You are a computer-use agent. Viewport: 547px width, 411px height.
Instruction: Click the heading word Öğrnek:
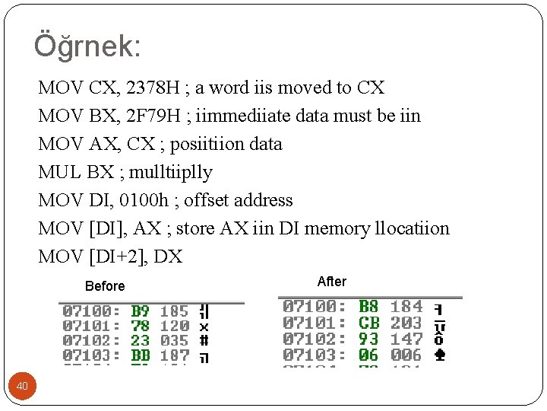87,46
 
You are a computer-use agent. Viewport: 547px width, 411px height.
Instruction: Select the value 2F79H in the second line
154,116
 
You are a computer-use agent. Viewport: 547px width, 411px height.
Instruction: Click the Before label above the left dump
105,286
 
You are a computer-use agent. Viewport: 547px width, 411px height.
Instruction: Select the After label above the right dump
331,282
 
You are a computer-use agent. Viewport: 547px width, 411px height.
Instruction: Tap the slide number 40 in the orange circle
23,387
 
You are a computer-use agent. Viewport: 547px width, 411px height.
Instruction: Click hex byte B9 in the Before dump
141,311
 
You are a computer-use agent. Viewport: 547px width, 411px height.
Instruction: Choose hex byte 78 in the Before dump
141,326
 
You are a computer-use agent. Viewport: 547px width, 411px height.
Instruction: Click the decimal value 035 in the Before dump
174,340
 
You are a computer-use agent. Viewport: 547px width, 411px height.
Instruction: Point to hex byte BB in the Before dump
141,355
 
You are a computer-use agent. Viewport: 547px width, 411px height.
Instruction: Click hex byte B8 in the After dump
368,307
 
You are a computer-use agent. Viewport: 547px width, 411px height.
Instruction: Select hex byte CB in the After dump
368,323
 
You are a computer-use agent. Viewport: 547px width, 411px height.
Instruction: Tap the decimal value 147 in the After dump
406,339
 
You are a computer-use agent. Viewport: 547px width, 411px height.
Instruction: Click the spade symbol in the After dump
439,355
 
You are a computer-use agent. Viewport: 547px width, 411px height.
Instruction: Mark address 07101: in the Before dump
91,326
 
